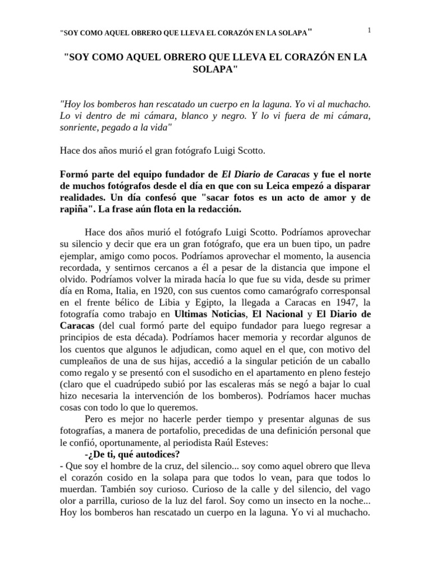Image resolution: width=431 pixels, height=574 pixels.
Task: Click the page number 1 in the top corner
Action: (369, 30)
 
